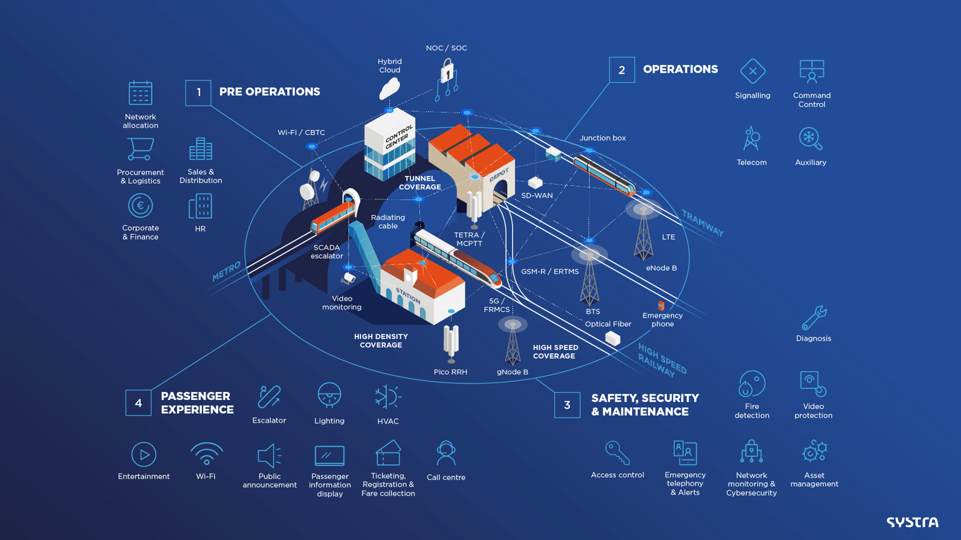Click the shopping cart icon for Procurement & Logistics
(140, 149)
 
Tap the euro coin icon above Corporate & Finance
(140, 206)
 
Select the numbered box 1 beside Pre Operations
(198, 93)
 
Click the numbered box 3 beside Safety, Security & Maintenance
(567, 405)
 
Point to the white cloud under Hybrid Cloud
(390, 88)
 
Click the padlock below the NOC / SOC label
(447, 71)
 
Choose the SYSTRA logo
(912, 522)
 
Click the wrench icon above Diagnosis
(814, 318)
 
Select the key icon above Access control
(617, 453)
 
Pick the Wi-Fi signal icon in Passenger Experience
(206, 454)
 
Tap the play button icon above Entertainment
(144, 454)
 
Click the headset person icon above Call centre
(446, 453)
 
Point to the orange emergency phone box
(661, 305)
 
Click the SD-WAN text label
(537, 196)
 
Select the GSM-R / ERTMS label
(550, 272)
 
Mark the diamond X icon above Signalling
(753, 71)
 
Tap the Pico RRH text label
(450, 372)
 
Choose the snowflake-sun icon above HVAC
(388, 397)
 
